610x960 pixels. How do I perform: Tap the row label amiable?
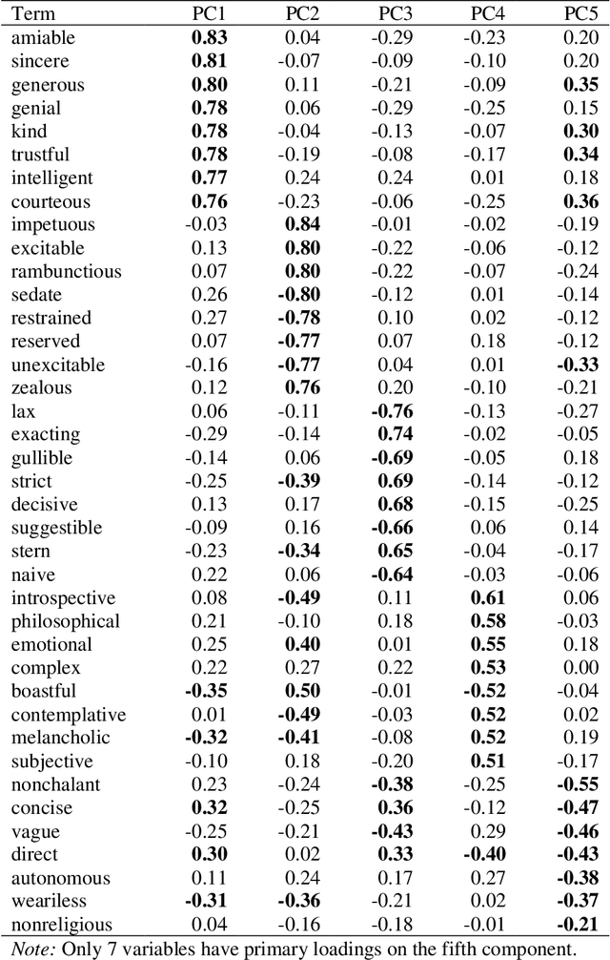click(x=43, y=37)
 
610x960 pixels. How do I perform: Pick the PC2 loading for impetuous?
click(x=302, y=224)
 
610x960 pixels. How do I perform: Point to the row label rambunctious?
click(x=67, y=271)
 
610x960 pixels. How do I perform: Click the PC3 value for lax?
click(x=392, y=411)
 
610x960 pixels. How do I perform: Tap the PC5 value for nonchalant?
click(x=579, y=785)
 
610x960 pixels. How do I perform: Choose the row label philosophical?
click(x=66, y=621)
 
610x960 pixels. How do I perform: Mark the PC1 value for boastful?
click(x=207, y=692)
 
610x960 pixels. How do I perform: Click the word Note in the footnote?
click(x=30, y=949)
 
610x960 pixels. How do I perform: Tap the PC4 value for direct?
click(x=485, y=855)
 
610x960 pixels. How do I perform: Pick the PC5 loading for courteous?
click(x=580, y=201)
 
